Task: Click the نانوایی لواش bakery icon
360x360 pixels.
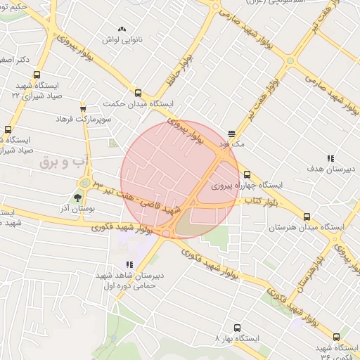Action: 122,30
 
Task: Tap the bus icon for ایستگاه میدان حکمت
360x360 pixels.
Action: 137,92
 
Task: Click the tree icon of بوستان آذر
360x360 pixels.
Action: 77,198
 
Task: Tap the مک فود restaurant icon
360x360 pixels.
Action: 233,133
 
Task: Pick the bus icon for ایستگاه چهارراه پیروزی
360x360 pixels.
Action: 246,174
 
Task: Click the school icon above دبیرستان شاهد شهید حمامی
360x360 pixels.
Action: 128,264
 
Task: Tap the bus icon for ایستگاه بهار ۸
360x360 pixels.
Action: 236,327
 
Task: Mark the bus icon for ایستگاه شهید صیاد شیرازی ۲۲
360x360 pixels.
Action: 37,75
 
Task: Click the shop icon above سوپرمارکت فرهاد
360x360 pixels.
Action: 84,108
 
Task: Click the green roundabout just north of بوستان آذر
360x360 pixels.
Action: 84,183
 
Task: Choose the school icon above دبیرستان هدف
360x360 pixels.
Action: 330,157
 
